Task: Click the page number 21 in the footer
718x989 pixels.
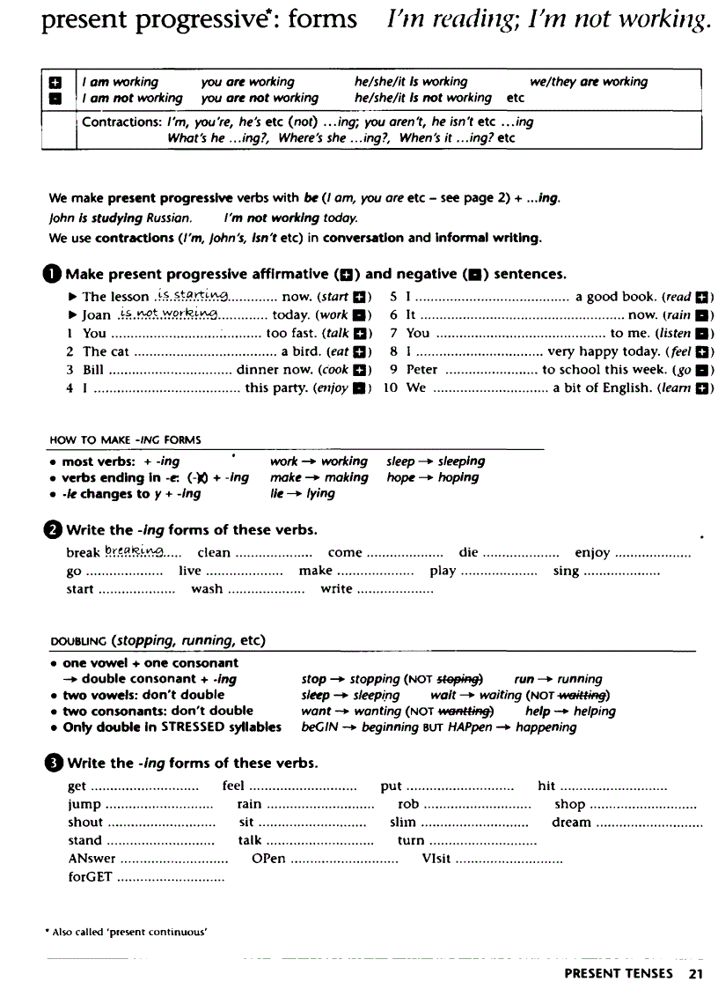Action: point(695,973)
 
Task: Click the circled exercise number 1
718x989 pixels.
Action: point(55,274)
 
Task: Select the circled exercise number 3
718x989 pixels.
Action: point(55,763)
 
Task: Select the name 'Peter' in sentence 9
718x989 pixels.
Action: point(422,370)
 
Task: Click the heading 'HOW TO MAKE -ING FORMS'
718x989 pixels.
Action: point(125,439)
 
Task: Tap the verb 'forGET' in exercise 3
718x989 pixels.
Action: point(89,877)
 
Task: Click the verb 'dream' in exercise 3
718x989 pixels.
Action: point(571,822)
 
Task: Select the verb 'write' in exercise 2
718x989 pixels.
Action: point(336,589)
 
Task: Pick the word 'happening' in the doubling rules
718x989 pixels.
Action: point(546,727)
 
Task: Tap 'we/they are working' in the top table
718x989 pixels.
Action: point(589,82)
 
